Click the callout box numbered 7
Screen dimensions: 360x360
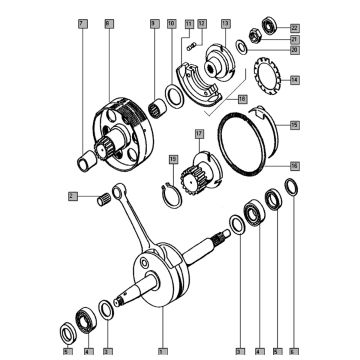click(x=81, y=21)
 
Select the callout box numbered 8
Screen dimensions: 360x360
click(x=108, y=21)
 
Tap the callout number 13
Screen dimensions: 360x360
click(x=226, y=21)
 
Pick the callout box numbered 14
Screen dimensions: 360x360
click(x=293, y=79)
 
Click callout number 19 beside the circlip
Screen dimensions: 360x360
click(x=173, y=160)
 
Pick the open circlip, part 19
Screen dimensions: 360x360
click(x=174, y=188)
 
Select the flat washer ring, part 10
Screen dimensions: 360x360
click(x=173, y=96)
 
